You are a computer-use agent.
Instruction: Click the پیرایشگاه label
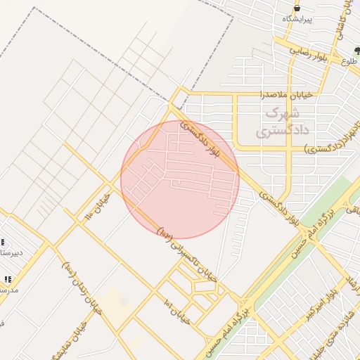(296, 18)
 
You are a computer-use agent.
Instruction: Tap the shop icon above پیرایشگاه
(297, 7)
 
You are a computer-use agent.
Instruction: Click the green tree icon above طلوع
(357, 50)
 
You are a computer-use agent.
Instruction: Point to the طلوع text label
(351, 62)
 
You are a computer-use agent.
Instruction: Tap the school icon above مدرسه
(8, 278)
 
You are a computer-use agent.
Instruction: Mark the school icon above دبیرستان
(4, 241)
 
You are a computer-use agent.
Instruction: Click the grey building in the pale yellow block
(124, 301)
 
